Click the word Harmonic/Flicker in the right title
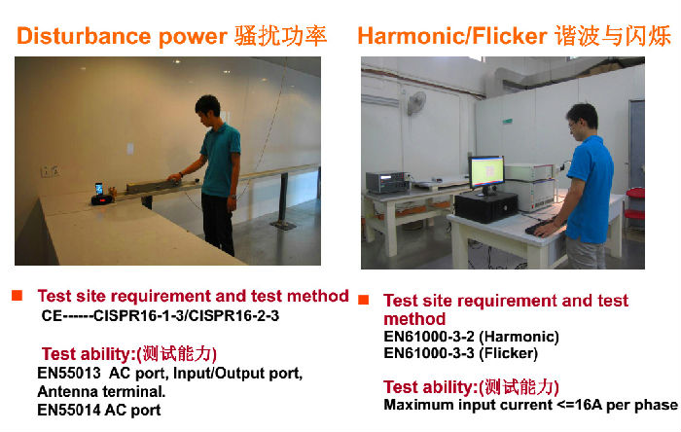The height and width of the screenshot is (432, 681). tap(451, 36)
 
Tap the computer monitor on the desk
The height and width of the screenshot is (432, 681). tap(486, 174)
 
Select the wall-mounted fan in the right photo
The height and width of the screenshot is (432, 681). tap(416, 102)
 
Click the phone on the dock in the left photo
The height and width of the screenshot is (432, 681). tap(99, 189)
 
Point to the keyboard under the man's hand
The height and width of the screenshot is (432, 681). tap(541, 227)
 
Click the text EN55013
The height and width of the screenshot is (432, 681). tap(69, 373)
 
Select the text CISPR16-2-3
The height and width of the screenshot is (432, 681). tap(234, 315)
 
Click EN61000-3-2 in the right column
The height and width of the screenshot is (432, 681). tap(429, 337)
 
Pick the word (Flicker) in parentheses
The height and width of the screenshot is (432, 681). tap(508, 353)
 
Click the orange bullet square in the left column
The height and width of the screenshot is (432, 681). tap(17, 295)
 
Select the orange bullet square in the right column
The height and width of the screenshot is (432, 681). tap(364, 300)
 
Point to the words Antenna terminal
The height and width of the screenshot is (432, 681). tap(101, 392)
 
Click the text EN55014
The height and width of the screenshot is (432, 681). tap(69, 410)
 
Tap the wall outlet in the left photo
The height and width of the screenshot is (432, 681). tap(51, 171)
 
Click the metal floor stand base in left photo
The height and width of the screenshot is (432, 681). tap(283, 225)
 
